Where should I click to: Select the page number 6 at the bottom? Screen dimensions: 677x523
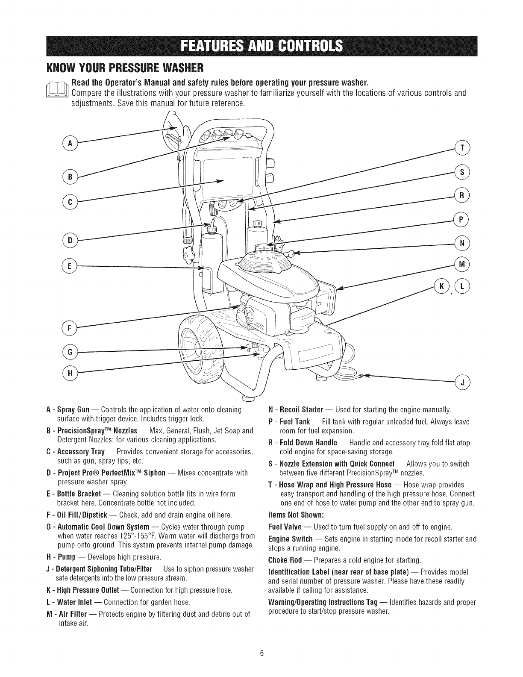262,653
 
